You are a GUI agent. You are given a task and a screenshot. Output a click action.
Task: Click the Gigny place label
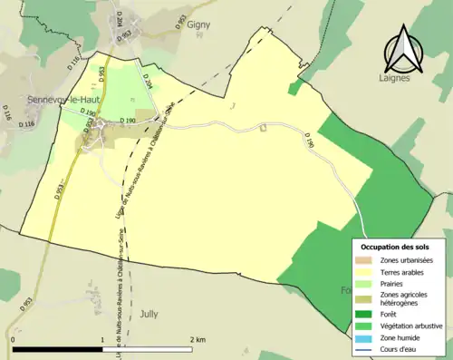tap(198, 25)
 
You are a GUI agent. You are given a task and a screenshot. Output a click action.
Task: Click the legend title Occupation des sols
tap(395, 247)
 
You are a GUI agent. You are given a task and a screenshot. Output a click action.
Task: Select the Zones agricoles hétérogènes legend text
tap(404, 299)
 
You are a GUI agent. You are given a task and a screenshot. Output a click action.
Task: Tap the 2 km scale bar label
tap(197, 339)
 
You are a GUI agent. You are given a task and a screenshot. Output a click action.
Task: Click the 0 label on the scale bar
tap(12, 339)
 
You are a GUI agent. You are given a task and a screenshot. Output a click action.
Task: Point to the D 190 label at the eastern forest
tap(309, 141)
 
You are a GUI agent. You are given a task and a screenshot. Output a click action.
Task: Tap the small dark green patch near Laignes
tap(294, 87)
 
